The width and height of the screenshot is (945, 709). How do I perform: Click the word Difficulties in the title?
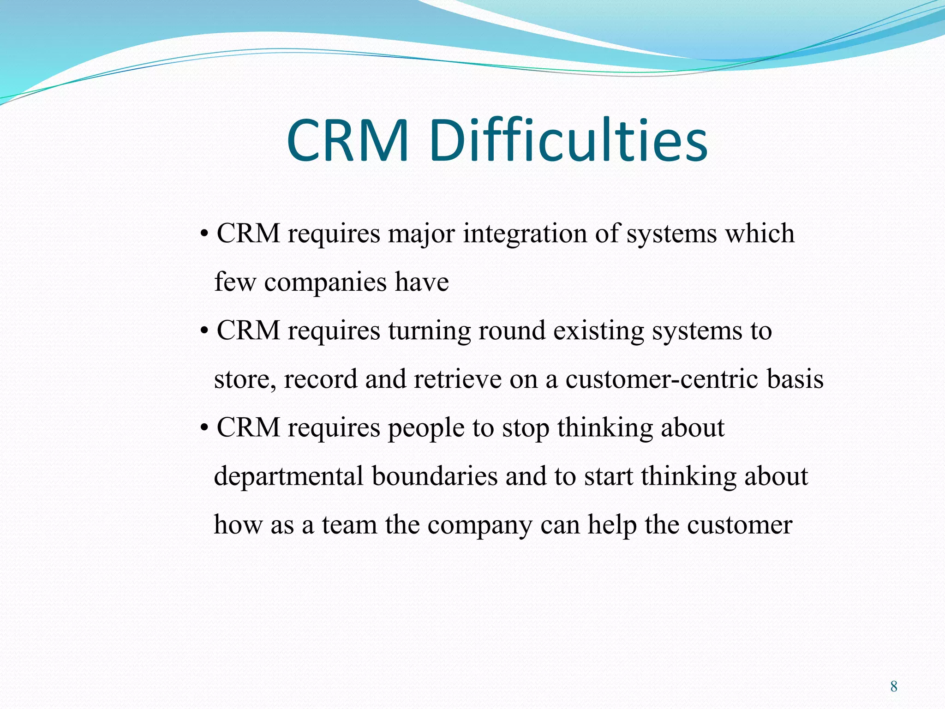568,140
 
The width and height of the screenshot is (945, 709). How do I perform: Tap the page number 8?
894,686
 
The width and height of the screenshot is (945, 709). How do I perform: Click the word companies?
325,282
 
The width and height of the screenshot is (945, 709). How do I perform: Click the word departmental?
289,476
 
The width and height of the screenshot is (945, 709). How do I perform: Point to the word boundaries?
435,476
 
